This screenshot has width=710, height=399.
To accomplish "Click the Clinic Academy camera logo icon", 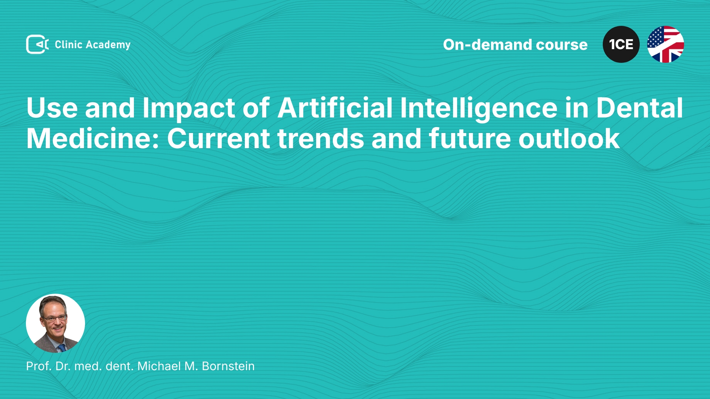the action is (x=37, y=44).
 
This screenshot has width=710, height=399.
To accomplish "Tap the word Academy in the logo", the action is (x=108, y=45).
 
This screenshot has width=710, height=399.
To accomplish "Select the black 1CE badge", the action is (x=621, y=44).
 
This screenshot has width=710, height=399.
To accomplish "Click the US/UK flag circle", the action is (x=666, y=44).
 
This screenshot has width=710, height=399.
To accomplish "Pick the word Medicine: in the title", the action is (x=93, y=139).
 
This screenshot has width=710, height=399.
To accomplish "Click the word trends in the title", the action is (x=321, y=139).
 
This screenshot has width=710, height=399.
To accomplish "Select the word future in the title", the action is (x=470, y=139).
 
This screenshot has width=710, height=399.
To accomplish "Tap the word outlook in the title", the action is (x=569, y=139).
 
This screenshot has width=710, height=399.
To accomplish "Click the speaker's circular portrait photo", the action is (x=55, y=323).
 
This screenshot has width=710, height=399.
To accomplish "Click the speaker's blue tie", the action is (x=62, y=348).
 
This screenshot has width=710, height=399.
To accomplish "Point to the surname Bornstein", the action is (x=228, y=366).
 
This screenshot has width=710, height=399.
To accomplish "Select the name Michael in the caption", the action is (x=159, y=366).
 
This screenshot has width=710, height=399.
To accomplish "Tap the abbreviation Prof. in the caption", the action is (x=38, y=366).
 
